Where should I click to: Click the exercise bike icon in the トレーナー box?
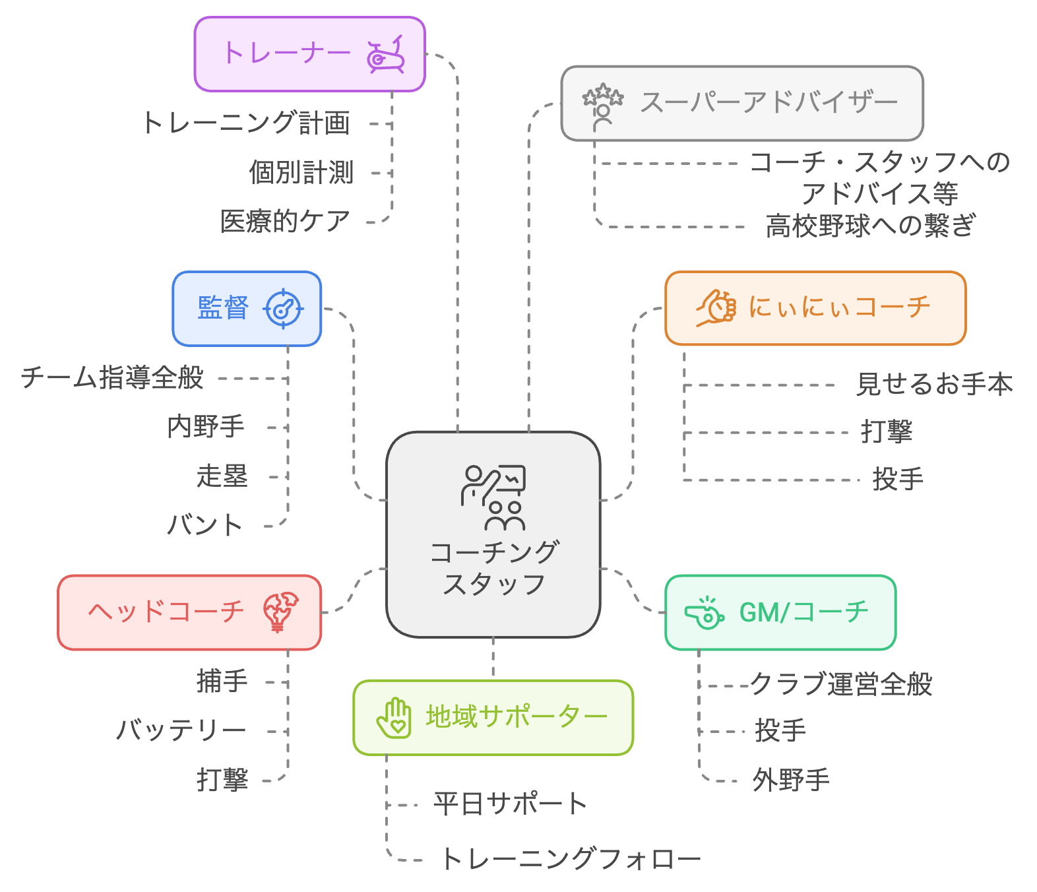click(x=386, y=55)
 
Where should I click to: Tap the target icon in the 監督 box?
click(x=283, y=308)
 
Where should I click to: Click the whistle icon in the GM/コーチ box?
click(x=704, y=614)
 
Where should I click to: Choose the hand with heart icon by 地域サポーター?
click(x=394, y=718)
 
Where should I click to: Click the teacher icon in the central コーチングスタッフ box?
click(x=493, y=497)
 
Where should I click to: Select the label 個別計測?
click(x=301, y=173)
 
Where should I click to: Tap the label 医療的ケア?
click(x=285, y=222)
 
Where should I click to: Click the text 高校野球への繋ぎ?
click(x=870, y=226)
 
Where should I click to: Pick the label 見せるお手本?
click(x=934, y=385)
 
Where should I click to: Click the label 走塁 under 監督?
click(x=222, y=476)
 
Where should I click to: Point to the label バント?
click(x=205, y=526)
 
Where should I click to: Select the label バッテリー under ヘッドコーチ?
click(x=181, y=731)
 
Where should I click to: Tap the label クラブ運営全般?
click(x=841, y=685)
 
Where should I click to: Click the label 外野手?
click(x=791, y=780)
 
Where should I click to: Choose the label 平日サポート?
click(x=510, y=804)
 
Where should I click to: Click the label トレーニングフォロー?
click(x=570, y=859)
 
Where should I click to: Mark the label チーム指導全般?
click(x=112, y=378)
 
